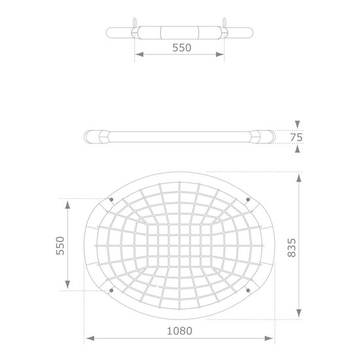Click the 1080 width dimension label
tap(179, 331)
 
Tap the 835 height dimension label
tap(292, 247)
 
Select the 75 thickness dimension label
tap(297, 137)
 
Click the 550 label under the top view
tap(181, 48)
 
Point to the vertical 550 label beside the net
tap(60, 245)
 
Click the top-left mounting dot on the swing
tap(111, 200)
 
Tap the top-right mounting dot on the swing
tap(248, 199)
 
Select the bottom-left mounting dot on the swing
tap(111, 291)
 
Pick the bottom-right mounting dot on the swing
tap(248, 291)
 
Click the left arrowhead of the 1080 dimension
tap(90, 338)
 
